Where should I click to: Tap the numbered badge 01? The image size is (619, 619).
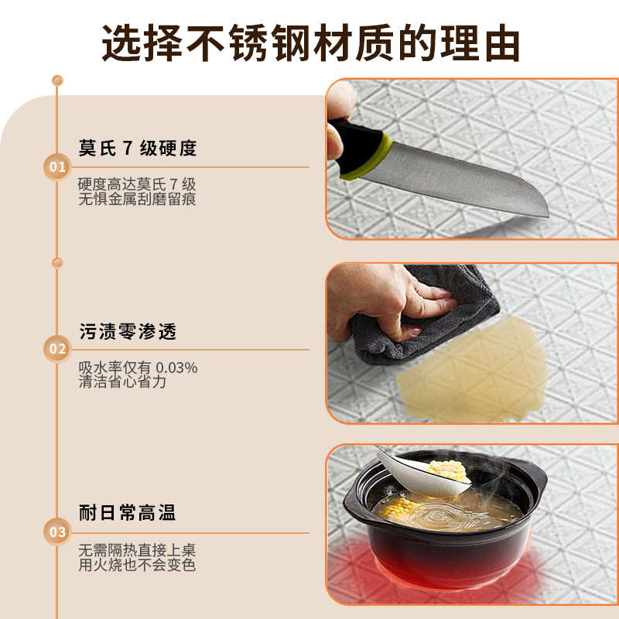[57, 166]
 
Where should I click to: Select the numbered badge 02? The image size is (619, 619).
[57, 349]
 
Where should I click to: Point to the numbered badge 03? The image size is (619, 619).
[57, 532]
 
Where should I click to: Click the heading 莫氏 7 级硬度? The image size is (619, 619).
[138, 148]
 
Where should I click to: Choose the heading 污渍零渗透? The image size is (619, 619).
[128, 331]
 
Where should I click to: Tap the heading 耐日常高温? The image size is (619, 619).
[128, 512]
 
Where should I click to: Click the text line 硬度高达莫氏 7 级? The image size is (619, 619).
[137, 185]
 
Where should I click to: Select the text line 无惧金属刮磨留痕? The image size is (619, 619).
[137, 200]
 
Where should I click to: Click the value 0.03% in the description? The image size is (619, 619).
[176, 368]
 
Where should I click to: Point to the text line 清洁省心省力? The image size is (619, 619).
[122, 381]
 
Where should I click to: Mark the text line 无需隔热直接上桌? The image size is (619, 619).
[137, 550]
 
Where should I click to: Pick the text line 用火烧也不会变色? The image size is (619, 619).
[137, 565]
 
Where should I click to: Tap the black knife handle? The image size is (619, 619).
[356, 145]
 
